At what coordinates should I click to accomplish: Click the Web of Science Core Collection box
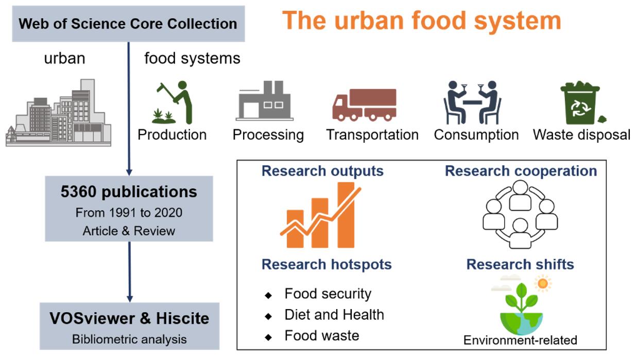pos(128,24)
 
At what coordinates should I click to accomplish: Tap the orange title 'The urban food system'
pos(421,21)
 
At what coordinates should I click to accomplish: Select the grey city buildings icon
pos(59,113)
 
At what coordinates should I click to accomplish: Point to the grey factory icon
pos(264,100)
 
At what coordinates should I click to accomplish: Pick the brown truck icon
pos(364,105)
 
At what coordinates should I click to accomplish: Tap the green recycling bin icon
pos(582,103)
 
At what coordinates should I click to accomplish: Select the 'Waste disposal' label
pos(581,134)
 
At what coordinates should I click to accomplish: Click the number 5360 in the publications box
pos(78,192)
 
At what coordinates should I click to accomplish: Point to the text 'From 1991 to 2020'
pos(129,213)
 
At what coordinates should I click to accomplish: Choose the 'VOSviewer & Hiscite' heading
pos(129,318)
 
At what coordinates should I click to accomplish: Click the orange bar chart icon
pos(320,215)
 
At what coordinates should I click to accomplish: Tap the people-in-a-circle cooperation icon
pos(520,214)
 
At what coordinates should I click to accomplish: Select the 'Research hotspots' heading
pos(326,264)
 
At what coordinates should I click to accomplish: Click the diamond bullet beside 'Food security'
pos(268,295)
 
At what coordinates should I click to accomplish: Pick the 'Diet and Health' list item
pos(334,315)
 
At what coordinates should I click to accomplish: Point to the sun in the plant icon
pos(543,283)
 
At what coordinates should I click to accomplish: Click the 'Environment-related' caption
pos(520,340)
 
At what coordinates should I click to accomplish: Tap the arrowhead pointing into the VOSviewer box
pos(130,299)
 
